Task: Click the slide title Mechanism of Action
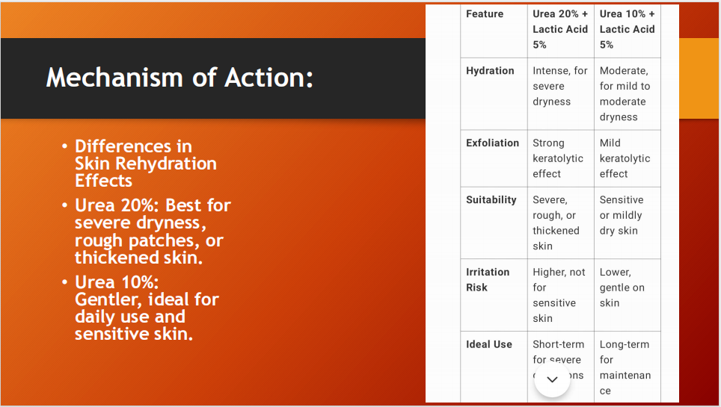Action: (180, 78)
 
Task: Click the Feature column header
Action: (485, 14)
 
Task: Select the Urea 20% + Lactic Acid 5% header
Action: (560, 29)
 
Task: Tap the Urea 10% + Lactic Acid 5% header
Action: (627, 29)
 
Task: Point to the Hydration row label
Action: (490, 71)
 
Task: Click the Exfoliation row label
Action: (492, 143)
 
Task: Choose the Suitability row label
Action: (491, 199)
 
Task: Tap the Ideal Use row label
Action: (489, 344)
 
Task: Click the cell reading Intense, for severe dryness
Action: (560, 86)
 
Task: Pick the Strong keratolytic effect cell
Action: (558, 158)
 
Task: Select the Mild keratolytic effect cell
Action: (625, 158)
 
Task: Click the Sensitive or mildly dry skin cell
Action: (621, 215)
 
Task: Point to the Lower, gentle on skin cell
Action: (622, 288)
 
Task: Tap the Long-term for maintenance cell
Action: (625, 367)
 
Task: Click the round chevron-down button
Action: (552, 380)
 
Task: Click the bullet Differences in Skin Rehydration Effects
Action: (145, 164)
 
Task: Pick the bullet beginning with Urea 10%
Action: (146, 308)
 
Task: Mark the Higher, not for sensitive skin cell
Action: (559, 295)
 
